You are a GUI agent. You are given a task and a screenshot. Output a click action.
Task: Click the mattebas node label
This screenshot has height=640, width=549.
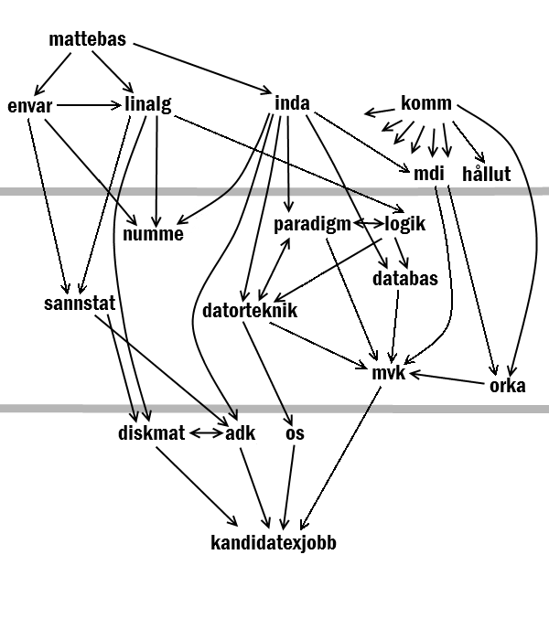pyautogui.click(x=88, y=39)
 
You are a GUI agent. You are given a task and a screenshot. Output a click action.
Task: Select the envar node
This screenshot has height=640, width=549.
pyautogui.click(x=30, y=106)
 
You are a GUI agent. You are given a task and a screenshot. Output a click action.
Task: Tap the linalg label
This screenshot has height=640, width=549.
pyautogui.click(x=148, y=104)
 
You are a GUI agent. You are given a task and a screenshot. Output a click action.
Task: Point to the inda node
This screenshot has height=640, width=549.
pyautogui.click(x=292, y=102)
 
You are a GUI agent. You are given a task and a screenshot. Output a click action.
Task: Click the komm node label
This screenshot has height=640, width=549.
pyautogui.click(x=426, y=102)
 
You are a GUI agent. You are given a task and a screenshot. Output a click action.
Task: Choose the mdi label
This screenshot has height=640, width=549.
pyautogui.click(x=428, y=174)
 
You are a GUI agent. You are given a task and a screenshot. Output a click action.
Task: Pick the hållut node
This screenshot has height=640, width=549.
pyautogui.click(x=486, y=173)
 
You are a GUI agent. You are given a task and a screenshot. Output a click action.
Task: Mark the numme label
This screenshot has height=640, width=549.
pyautogui.click(x=153, y=234)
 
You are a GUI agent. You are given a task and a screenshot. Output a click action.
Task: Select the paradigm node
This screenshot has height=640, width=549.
pyautogui.click(x=312, y=225)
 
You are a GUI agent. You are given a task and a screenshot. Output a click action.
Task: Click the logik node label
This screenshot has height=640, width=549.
pyautogui.click(x=404, y=224)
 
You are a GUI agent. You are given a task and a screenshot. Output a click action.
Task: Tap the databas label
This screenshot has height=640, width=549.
pyautogui.click(x=404, y=278)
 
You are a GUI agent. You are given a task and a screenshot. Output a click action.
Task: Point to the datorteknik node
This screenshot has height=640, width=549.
pyautogui.click(x=250, y=310)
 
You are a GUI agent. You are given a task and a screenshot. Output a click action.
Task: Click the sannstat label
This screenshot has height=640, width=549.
pyautogui.click(x=80, y=304)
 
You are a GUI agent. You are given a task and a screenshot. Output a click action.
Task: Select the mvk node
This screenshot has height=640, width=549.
pyautogui.click(x=389, y=373)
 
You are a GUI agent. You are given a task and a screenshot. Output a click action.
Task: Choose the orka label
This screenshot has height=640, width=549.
pyautogui.click(x=507, y=385)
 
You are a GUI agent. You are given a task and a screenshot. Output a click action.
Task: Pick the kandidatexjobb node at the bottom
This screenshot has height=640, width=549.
pyautogui.click(x=274, y=543)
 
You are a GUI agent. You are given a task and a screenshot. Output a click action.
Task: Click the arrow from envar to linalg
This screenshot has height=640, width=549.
pyautogui.click(x=89, y=106)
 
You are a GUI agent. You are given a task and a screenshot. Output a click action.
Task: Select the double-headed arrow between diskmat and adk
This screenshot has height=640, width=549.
pyautogui.click(x=207, y=432)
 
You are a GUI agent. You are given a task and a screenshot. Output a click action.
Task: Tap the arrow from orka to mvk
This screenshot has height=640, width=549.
pyautogui.click(x=447, y=378)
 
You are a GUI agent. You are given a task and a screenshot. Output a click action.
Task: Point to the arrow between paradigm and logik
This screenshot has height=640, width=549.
pyautogui.click(x=369, y=223)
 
